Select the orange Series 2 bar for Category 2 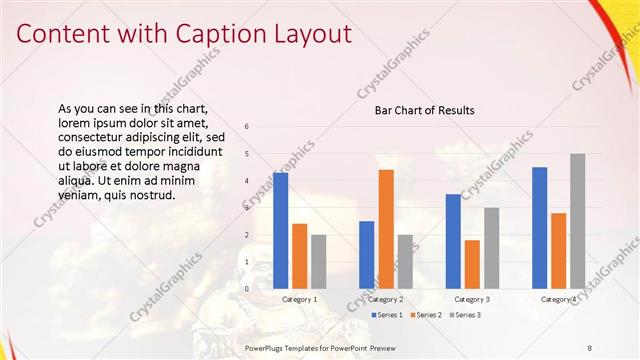tap(386, 229)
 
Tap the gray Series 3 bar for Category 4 tap(578, 221)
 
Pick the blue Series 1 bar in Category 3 tap(453, 241)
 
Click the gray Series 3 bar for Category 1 tap(318, 261)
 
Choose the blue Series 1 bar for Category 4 tap(540, 227)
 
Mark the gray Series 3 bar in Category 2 tap(405, 261)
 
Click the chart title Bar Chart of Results tap(424, 110)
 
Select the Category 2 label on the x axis tap(386, 299)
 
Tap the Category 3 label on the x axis tap(472, 299)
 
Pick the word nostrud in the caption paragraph tap(155, 195)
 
